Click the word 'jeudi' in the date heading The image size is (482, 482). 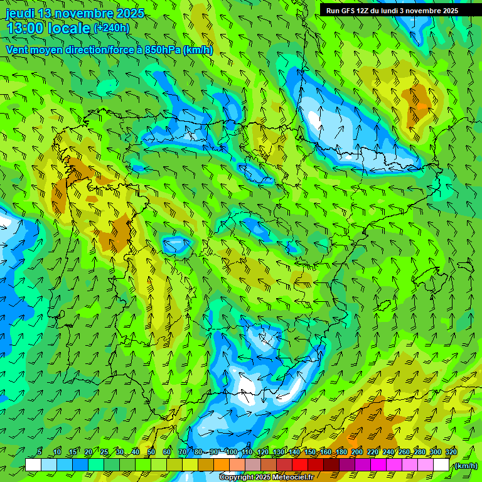(x=20, y=13)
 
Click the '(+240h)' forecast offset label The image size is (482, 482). (x=111, y=28)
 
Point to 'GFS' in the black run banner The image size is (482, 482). (x=351, y=11)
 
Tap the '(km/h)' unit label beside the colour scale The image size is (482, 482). (x=465, y=466)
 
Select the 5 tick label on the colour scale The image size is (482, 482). (x=40, y=453)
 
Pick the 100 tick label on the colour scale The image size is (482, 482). (x=232, y=453)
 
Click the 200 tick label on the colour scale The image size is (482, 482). (x=357, y=453)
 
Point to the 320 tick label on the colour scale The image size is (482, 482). (x=451, y=453)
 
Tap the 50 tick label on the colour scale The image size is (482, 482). (x=151, y=453)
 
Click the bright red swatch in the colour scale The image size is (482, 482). (x=300, y=465)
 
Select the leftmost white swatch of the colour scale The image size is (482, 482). (x=33, y=465)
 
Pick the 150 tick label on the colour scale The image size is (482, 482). (x=310, y=453)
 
